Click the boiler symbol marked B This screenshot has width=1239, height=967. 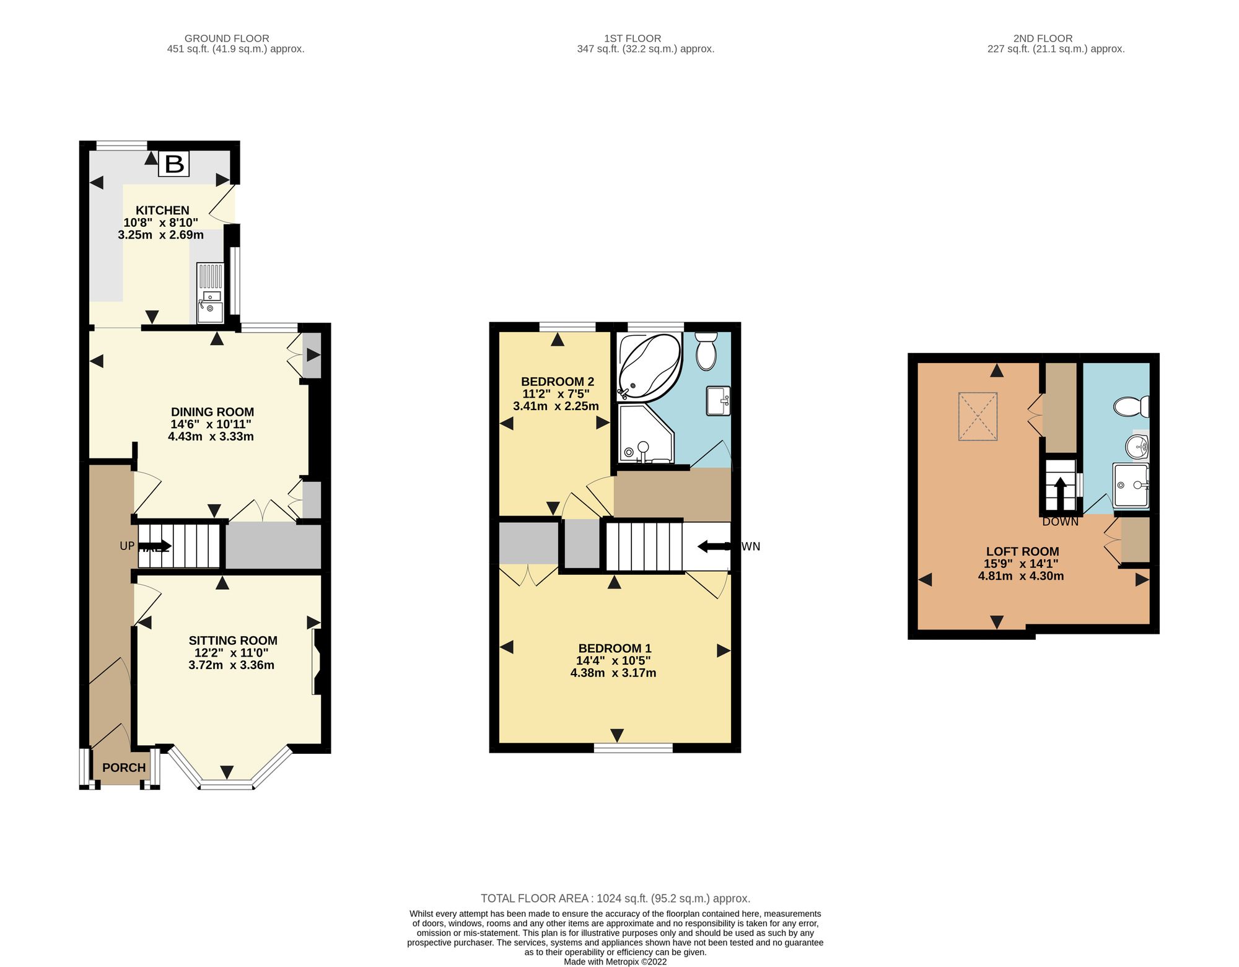pos(173,164)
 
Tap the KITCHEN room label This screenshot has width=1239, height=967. pos(162,211)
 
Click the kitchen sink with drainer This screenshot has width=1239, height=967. pos(210,292)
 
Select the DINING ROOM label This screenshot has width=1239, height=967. pos(212,412)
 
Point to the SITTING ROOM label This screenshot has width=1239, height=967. pos(233,641)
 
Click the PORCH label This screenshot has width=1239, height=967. pos(124,768)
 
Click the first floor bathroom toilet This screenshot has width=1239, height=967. pos(706,351)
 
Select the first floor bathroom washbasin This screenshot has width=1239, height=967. pos(718,401)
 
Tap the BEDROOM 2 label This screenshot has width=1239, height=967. pos(558,382)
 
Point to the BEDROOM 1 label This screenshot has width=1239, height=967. pos(615,649)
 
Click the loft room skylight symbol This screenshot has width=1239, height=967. pos(978,416)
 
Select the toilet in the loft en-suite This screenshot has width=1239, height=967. pos(1131,407)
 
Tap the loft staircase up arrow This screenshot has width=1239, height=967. pos(1061,493)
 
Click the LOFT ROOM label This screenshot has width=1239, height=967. pos(1022,551)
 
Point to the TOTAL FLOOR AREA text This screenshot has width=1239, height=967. pos(616,898)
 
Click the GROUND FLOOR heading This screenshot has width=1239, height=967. pos(227,38)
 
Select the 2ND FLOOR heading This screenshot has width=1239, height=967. pos(1043,38)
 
